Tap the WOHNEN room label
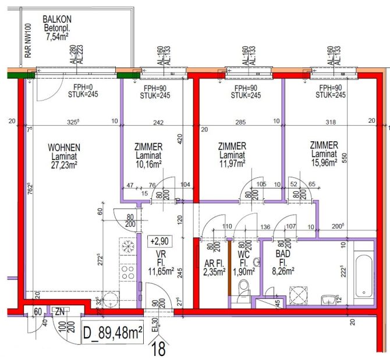click(x=64, y=147)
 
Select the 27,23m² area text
click(x=64, y=164)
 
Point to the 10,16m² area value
click(x=148, y=164)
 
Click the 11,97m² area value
click(x=232, y=163)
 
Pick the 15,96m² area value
click(x=324, y=163)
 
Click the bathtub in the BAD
click(x=363, y=273)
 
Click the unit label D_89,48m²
click(x=113, y=333)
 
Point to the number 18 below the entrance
click(x=158, y=350)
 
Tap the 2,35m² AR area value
click(x=214, y=271)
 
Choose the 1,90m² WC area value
click(x=245, y=271)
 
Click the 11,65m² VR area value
click(x=158, y=271)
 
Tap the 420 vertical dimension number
click(x=180, y=140)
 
